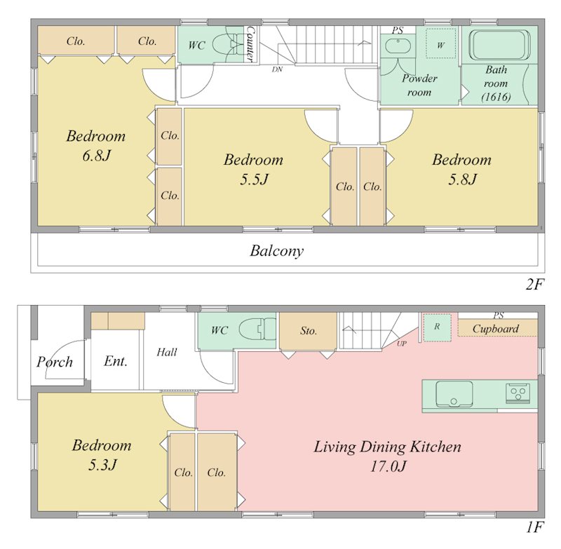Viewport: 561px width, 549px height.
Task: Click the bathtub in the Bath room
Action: tap(499, 45)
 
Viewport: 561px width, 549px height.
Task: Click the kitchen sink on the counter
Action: tap(454, 394)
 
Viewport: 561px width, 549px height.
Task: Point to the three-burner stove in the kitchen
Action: tap(518, 393)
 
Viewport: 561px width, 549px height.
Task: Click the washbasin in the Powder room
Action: tap(398, 46)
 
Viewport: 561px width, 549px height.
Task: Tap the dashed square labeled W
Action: tap(441, 43)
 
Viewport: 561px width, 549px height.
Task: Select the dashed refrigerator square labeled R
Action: tap(437, 327)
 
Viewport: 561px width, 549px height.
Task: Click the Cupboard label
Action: tap(496, 329)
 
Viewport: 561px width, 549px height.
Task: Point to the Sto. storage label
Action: tap(309, 331)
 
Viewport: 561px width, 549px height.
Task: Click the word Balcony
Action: tap(276, 251)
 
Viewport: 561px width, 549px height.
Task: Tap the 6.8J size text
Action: tap(96, 156)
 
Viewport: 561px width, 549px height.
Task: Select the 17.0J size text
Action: tap(388, 466)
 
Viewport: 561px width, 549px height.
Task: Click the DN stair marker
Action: tap(277, 69)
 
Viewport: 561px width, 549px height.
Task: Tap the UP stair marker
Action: tap(401, 344)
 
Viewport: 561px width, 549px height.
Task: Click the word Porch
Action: tap(55, 362)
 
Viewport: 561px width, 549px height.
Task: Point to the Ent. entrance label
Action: tap(116, 361)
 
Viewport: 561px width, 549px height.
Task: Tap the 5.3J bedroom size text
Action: tap(102, 465)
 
